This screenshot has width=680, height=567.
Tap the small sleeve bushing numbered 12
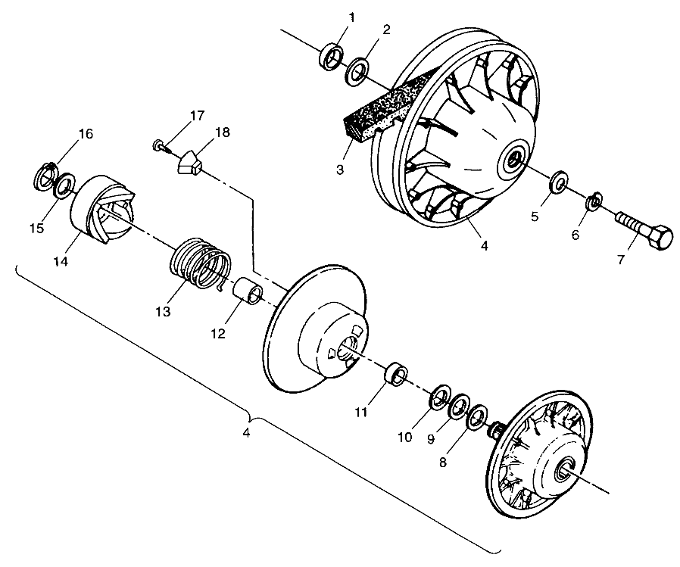point(250,292)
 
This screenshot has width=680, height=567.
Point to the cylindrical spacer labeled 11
point(395,374)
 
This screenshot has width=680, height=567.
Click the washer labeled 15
point(65,182)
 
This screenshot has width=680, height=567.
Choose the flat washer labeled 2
point(357,73)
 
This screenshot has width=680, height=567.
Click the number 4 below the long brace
point(246,434)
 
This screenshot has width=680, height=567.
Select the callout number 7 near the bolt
point(620,260)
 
